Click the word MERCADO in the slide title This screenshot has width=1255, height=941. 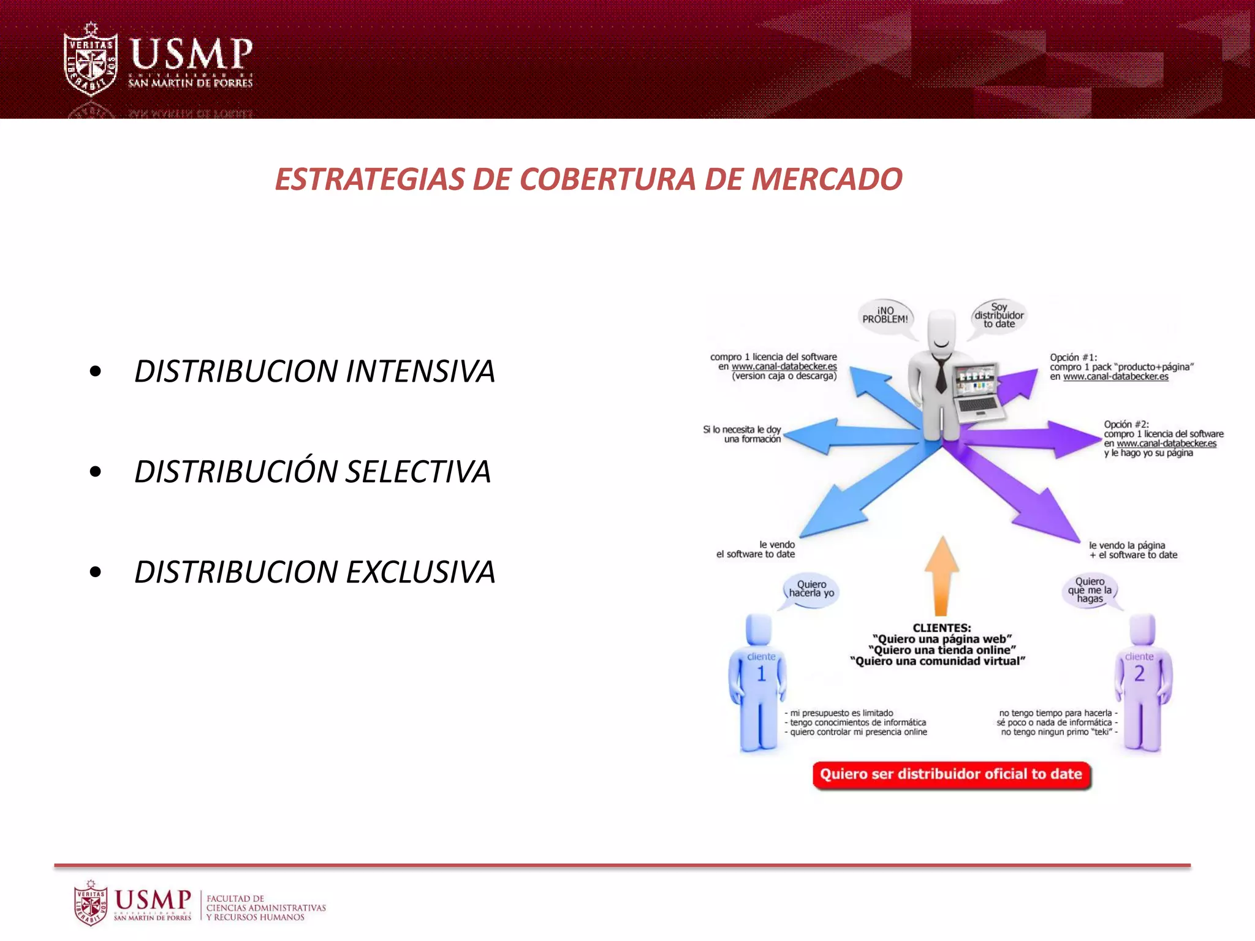point(826,180)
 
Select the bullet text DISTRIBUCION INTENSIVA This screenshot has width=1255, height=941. point(314,371)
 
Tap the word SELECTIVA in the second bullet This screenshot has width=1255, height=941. point(418,472)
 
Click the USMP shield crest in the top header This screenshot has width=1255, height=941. point(91,60)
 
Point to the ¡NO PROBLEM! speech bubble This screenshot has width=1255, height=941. point(885,316)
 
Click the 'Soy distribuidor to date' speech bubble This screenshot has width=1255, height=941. point(999,316)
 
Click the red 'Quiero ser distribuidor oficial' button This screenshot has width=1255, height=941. point(951,774)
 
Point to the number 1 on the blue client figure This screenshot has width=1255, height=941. point(761,675)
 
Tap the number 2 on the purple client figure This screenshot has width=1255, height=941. point(1139,674)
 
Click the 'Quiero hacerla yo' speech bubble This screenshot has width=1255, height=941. point(811,589)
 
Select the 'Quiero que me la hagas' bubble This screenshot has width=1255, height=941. point(1090,591)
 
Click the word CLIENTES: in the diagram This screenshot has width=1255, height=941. point(941,628)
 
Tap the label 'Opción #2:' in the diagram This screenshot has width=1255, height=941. point(1126,425)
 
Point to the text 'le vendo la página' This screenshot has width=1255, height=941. point(1126,545)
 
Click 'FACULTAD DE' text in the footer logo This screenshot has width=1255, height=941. point(235,899)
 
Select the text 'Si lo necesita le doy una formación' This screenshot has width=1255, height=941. point(743,434)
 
